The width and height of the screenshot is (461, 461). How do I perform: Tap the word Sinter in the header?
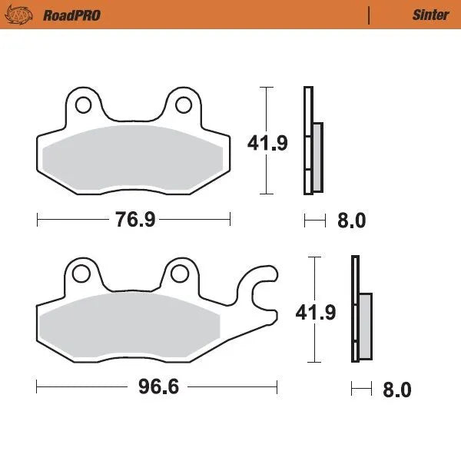point(431,15)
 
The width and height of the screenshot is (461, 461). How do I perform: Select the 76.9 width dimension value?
point(135,221)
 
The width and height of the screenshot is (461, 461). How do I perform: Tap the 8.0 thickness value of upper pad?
point(351,221)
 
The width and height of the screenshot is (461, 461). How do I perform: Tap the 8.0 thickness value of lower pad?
point(396,390)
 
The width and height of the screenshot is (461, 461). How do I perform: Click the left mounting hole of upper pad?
point(83,103)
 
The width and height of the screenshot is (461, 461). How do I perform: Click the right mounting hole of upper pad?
point(184,103)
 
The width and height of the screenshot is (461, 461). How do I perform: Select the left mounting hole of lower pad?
point(79,272)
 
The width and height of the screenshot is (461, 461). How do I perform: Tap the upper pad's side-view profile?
point(312,141)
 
